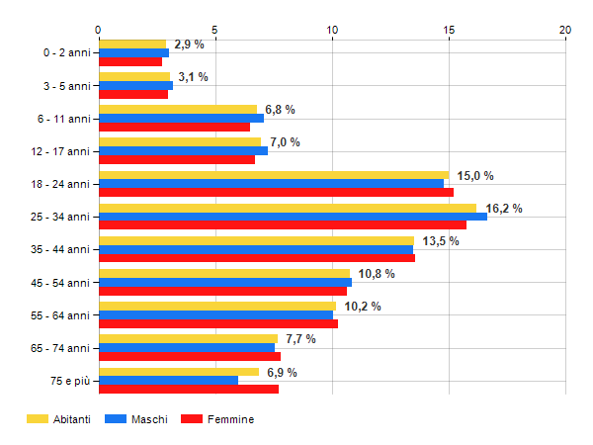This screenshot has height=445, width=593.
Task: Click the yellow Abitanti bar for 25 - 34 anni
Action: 287,208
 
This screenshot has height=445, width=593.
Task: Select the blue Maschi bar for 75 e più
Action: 168,381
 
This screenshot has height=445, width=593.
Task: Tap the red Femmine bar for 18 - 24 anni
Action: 276,193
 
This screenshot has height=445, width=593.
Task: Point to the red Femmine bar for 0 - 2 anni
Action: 129,61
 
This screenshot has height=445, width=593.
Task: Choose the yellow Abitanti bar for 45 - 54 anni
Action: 223,273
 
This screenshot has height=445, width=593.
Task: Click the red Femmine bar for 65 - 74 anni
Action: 189,356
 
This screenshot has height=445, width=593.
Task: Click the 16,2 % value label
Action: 504,208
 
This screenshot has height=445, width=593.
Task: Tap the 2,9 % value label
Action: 189,44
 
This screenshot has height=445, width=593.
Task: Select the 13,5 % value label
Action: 441,240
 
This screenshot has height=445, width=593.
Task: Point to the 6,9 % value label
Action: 282,372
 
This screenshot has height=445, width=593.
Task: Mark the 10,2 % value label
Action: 363,306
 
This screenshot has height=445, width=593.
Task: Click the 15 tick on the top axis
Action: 449,30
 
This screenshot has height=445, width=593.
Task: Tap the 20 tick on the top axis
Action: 565,30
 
